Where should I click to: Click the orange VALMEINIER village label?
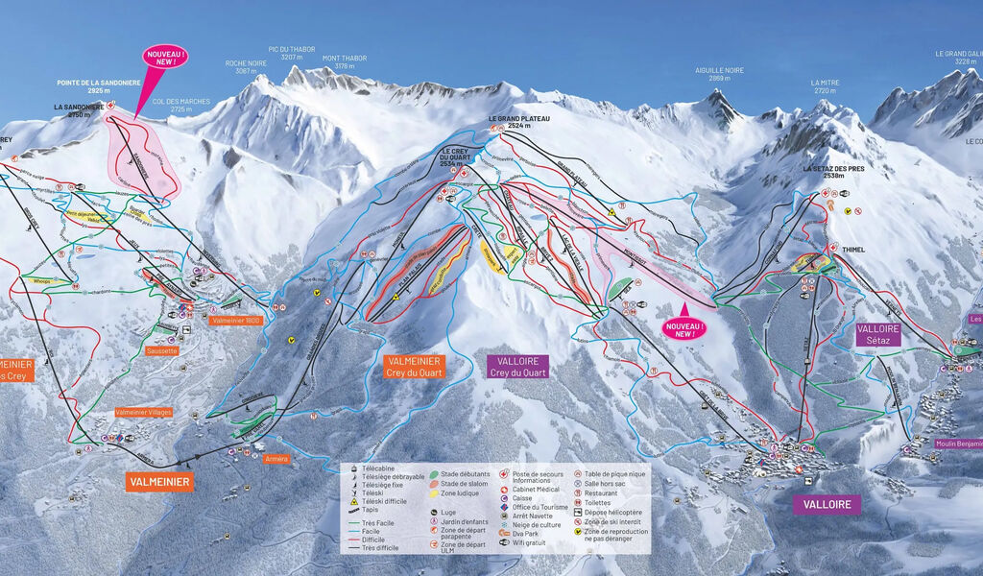[158, 481]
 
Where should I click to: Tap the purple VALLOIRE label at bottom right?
[826, 504]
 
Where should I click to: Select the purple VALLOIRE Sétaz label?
[878, 334]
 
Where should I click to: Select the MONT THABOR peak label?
[345, 62]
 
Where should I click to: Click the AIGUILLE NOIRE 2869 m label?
[719, 75]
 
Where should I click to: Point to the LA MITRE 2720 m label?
[825, 87]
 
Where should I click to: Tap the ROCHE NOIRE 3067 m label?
[245, 67]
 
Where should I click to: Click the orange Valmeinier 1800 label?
[236, 320]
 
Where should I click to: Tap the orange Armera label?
[276, 458]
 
